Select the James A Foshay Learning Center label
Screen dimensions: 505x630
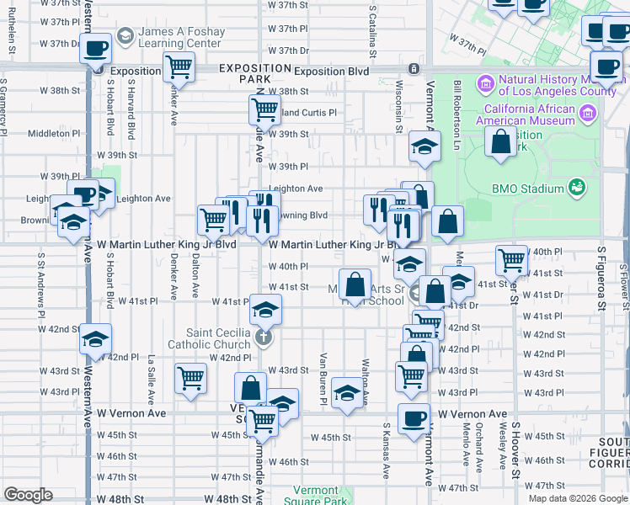183,38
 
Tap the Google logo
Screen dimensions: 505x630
28,495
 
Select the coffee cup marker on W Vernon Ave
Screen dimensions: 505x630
414,418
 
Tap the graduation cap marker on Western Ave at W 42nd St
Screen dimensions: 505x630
95,338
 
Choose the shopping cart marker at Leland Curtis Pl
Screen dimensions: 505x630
264,109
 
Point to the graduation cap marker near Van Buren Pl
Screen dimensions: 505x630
346,394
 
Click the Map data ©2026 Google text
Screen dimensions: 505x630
578,497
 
